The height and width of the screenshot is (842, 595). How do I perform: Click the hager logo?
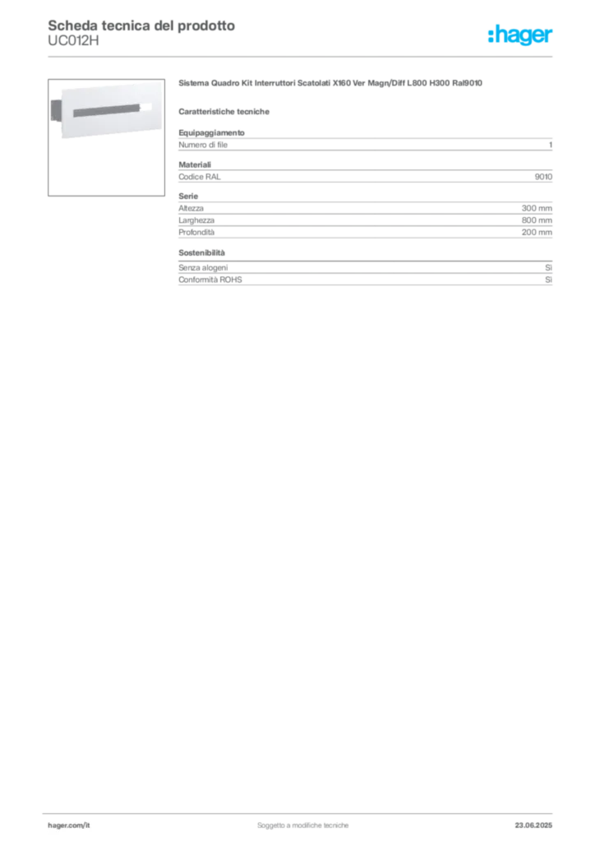[x=520, y=35]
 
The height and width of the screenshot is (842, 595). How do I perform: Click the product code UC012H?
[x=73, y=41]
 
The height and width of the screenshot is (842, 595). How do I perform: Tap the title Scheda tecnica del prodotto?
[x=141, y=25]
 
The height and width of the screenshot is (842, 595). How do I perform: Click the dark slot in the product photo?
[x=106, y=111]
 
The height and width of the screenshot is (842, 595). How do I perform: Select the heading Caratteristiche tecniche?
[x=224, y=112]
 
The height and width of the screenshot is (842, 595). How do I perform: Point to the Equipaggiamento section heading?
[x=211, y=132]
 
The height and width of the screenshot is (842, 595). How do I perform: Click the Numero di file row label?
[x=203, y=145]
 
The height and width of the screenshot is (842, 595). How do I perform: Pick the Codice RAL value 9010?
[x=543, y=177]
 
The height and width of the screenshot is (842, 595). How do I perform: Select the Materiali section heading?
[x=195, y=164]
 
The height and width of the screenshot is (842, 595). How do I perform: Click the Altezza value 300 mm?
[x=537, y=208]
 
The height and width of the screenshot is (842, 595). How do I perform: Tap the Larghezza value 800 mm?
[x=537, y=220]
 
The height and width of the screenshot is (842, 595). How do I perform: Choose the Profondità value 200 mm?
[x=537, y=233]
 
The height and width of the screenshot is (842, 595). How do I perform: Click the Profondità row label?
[x=196, y=233]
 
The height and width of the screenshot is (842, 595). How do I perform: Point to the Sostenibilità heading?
[x=201, y=253]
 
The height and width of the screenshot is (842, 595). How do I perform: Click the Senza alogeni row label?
[x=203, y=267]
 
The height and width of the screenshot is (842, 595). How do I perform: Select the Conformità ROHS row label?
[x=210, y=280]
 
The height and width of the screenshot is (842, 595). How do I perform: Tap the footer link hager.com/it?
[x=69, y=826]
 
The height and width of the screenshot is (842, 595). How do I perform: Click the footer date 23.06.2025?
[x=533, y=826]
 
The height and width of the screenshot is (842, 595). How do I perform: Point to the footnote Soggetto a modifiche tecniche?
[x=302, y=826]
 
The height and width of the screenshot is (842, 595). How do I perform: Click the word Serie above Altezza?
[x=188, y=197]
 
